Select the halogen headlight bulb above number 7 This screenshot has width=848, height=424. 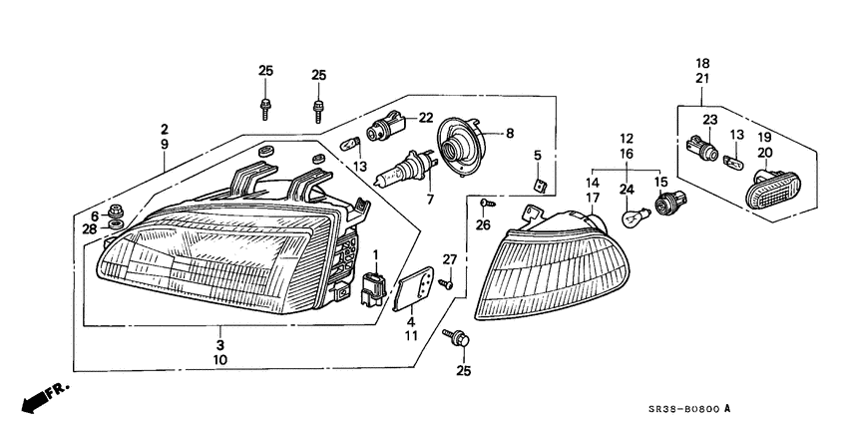403,173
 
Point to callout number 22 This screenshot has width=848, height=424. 425,118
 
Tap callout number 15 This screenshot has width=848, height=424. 658,182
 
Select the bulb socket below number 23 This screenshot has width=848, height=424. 708,153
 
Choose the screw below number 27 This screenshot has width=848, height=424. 446,283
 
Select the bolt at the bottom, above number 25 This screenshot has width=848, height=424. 461,340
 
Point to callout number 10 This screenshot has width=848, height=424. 219,359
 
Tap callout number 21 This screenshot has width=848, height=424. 702,78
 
